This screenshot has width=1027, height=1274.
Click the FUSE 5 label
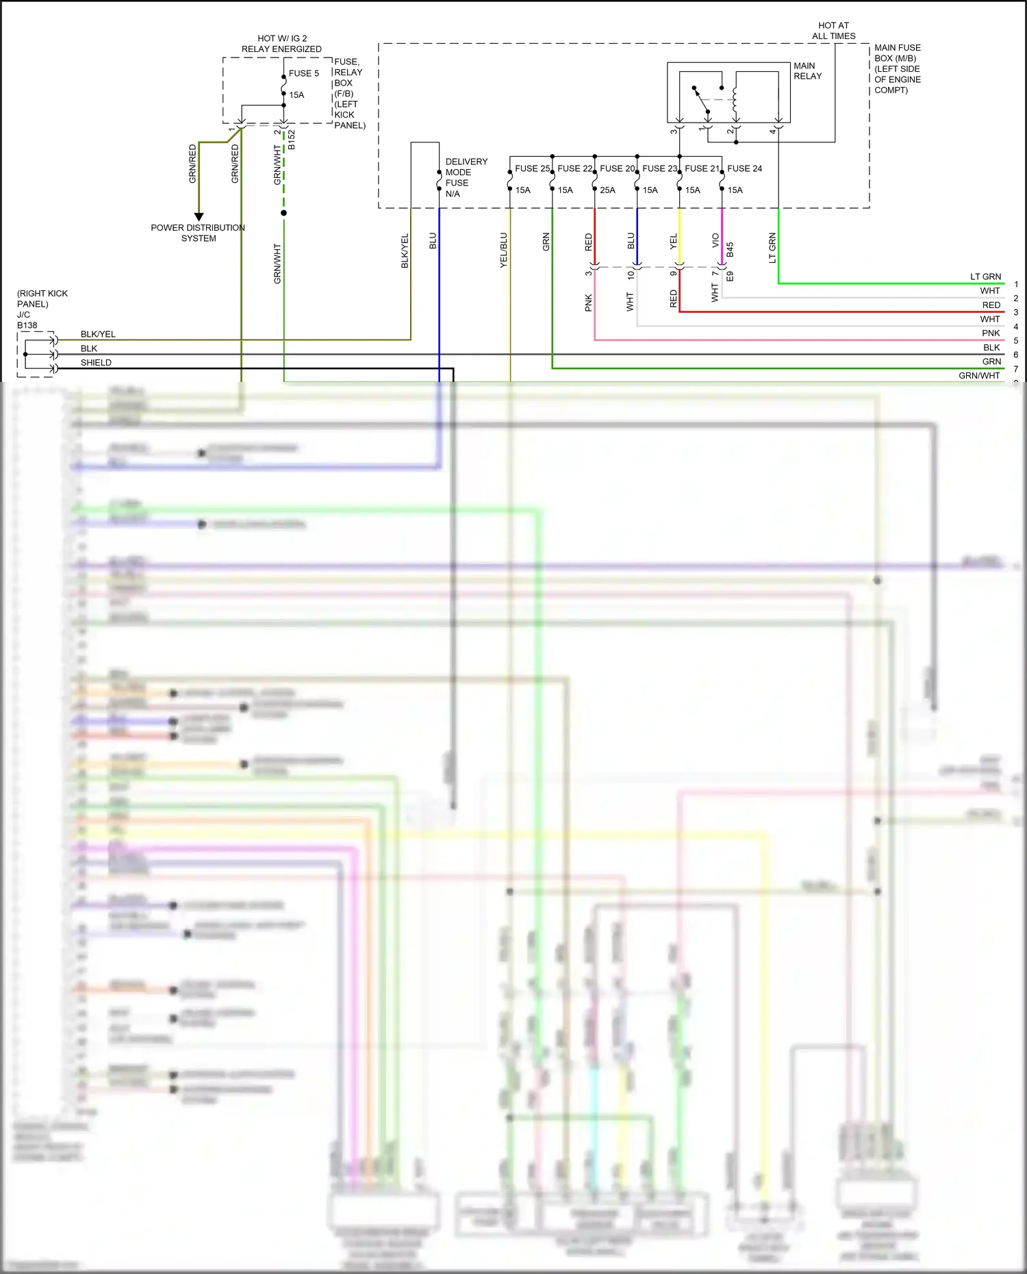point(303,73)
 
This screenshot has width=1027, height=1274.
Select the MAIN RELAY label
point(807,71)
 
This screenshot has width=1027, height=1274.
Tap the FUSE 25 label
point(532,168)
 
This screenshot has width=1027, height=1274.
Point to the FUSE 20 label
point(617,168)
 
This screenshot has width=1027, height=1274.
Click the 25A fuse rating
point(607,190)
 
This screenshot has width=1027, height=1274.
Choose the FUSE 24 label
point(744,168)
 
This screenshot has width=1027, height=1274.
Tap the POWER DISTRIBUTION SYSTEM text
point(198,233)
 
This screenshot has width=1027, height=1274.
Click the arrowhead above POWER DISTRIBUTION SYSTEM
point(199,216)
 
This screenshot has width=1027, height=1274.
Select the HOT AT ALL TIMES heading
point(833,31)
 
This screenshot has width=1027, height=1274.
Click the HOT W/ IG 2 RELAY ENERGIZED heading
point(281,44)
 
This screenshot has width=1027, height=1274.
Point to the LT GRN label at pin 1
point(985,277)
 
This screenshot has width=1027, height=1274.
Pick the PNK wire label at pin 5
point(991,333)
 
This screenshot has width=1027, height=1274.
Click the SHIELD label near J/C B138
point(96,363)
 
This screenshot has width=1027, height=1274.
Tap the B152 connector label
point(292,140)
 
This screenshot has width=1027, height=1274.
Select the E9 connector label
point(730,277)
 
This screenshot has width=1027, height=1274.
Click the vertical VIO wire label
point(715,240)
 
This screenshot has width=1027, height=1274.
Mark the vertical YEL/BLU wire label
point(504,250)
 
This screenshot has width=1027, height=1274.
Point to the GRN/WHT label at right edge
point(979,376)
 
